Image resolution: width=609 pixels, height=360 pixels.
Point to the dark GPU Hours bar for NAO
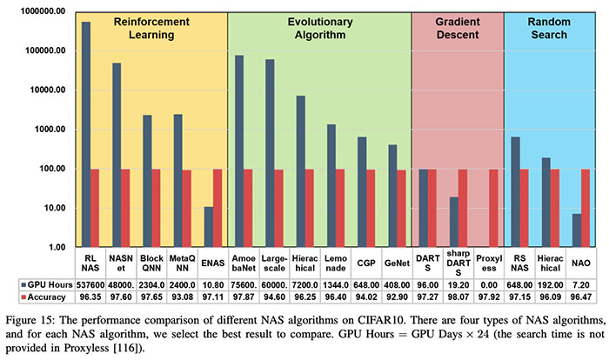point(576,230)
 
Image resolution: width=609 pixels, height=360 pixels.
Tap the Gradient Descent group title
point(458,28)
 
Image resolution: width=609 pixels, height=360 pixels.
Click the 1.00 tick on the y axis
point(50,248)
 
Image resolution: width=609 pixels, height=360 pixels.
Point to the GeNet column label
point(397,263)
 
